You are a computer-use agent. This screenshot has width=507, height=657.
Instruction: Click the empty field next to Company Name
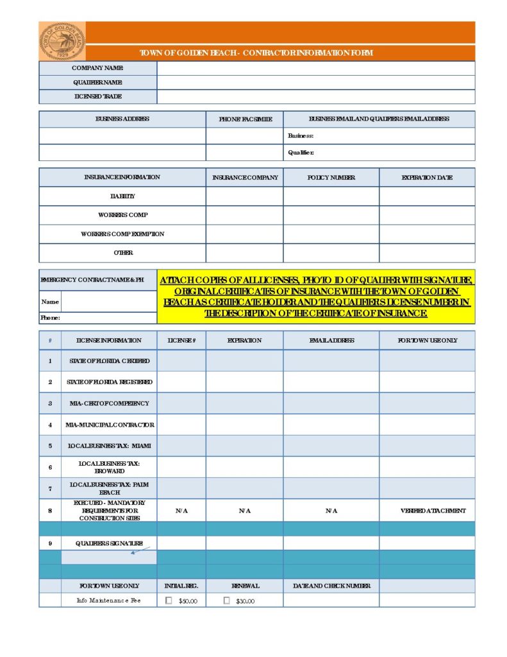click(x=315, y=68)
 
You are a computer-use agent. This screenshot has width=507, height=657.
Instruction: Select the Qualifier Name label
click(x=97, y=82)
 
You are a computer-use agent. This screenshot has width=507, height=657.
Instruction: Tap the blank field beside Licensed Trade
click(x=315, y=96)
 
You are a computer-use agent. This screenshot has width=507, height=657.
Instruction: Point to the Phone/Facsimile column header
click(x=244, y=119)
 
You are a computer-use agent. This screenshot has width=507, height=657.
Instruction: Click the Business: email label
click(x=301, y=136)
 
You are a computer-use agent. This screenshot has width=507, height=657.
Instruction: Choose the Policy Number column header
click(x=331, y=178)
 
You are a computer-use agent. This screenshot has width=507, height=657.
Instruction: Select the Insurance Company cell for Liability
click(x=244, y=196)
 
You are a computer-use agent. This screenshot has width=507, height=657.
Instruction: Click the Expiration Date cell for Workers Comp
click(x=427, y=215)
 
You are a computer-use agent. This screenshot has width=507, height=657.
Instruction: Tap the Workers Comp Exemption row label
click(x=122, y=234)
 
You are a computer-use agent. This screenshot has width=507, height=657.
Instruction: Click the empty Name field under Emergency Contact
click(x=108, y=302)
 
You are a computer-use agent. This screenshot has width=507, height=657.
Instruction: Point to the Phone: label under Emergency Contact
click(x=51, y=318)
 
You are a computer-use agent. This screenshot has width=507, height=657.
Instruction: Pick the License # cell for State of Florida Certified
click(x=181, y=361)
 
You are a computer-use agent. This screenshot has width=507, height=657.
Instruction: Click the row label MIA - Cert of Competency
click(x=110, y=404)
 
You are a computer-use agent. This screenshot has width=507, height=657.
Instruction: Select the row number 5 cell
click(x=50, y=446)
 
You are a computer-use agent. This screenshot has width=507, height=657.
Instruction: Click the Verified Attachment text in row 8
click(x=427, y=511)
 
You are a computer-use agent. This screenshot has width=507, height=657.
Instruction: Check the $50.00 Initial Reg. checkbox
click(x=169, y=601)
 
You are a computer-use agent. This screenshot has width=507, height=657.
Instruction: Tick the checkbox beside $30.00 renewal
click(x=226, y=601)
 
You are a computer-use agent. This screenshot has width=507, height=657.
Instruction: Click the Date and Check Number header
click(x=331, y=586)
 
